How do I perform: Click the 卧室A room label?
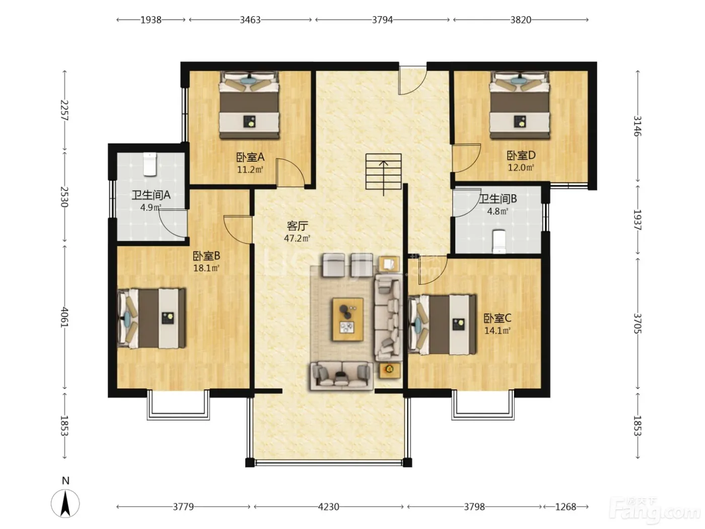250,157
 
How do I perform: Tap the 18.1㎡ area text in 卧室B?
206,268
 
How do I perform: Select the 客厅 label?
297,226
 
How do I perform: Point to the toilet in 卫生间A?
150,164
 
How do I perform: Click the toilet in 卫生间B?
499,241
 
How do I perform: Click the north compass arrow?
65,503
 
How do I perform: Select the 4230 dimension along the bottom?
328,506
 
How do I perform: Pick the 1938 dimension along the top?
151,20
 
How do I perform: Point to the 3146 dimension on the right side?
637,126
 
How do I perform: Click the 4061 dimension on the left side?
64,317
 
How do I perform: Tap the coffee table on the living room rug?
348,319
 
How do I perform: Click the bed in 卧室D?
519,105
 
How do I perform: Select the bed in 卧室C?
442,325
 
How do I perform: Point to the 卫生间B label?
498,199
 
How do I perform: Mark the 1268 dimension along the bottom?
566,506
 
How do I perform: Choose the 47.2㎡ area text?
297,238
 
